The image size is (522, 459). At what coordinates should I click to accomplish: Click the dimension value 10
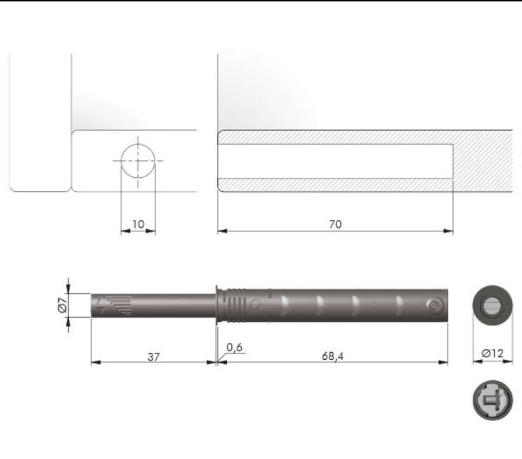(x=138, y=224)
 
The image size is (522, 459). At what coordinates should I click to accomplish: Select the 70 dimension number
(x=335, y=224)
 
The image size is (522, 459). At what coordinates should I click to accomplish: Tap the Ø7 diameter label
(x=61, y=306)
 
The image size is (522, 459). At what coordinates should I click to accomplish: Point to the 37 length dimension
(x=154, y=356)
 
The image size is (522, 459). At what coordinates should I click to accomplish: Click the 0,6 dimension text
(x=235, y=348)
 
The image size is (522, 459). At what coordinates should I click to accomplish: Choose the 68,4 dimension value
(x=332, y=356)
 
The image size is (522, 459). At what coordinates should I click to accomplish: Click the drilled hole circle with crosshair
(x=138, y=160)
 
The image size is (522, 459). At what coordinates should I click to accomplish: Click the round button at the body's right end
(x=434, y=306)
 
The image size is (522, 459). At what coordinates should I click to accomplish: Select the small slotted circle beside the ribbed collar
(x=256, y=306)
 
